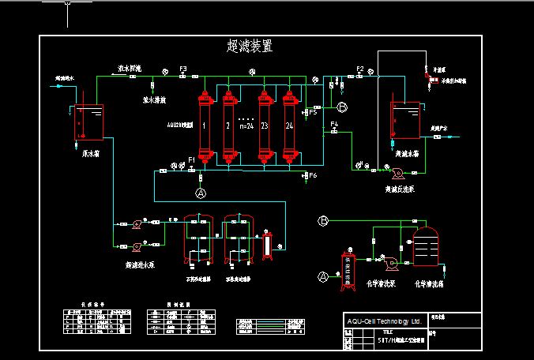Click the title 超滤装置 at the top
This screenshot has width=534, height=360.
tap(250, 47)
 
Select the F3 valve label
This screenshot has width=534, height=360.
tap(182, 69)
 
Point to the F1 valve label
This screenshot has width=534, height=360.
tap(191, 160)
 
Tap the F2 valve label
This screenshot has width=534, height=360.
tap(359, 69)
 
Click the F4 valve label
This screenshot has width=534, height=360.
tap(334, 125)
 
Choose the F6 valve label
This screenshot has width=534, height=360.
tap(314, 175)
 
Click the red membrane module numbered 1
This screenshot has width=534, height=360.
tap(205, 126)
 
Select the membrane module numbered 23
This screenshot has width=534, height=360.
tap(265, 126)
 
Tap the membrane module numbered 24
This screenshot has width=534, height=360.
tap(290, 126)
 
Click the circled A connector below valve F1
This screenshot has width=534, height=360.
tap(200, 192)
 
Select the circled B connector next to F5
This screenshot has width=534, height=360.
tap(342, 107)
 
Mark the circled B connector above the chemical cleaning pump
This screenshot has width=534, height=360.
tap(322, 221)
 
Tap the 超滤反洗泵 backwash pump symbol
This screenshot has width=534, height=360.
tap(387, 170)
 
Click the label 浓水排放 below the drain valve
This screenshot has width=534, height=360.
tap(154, 101)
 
